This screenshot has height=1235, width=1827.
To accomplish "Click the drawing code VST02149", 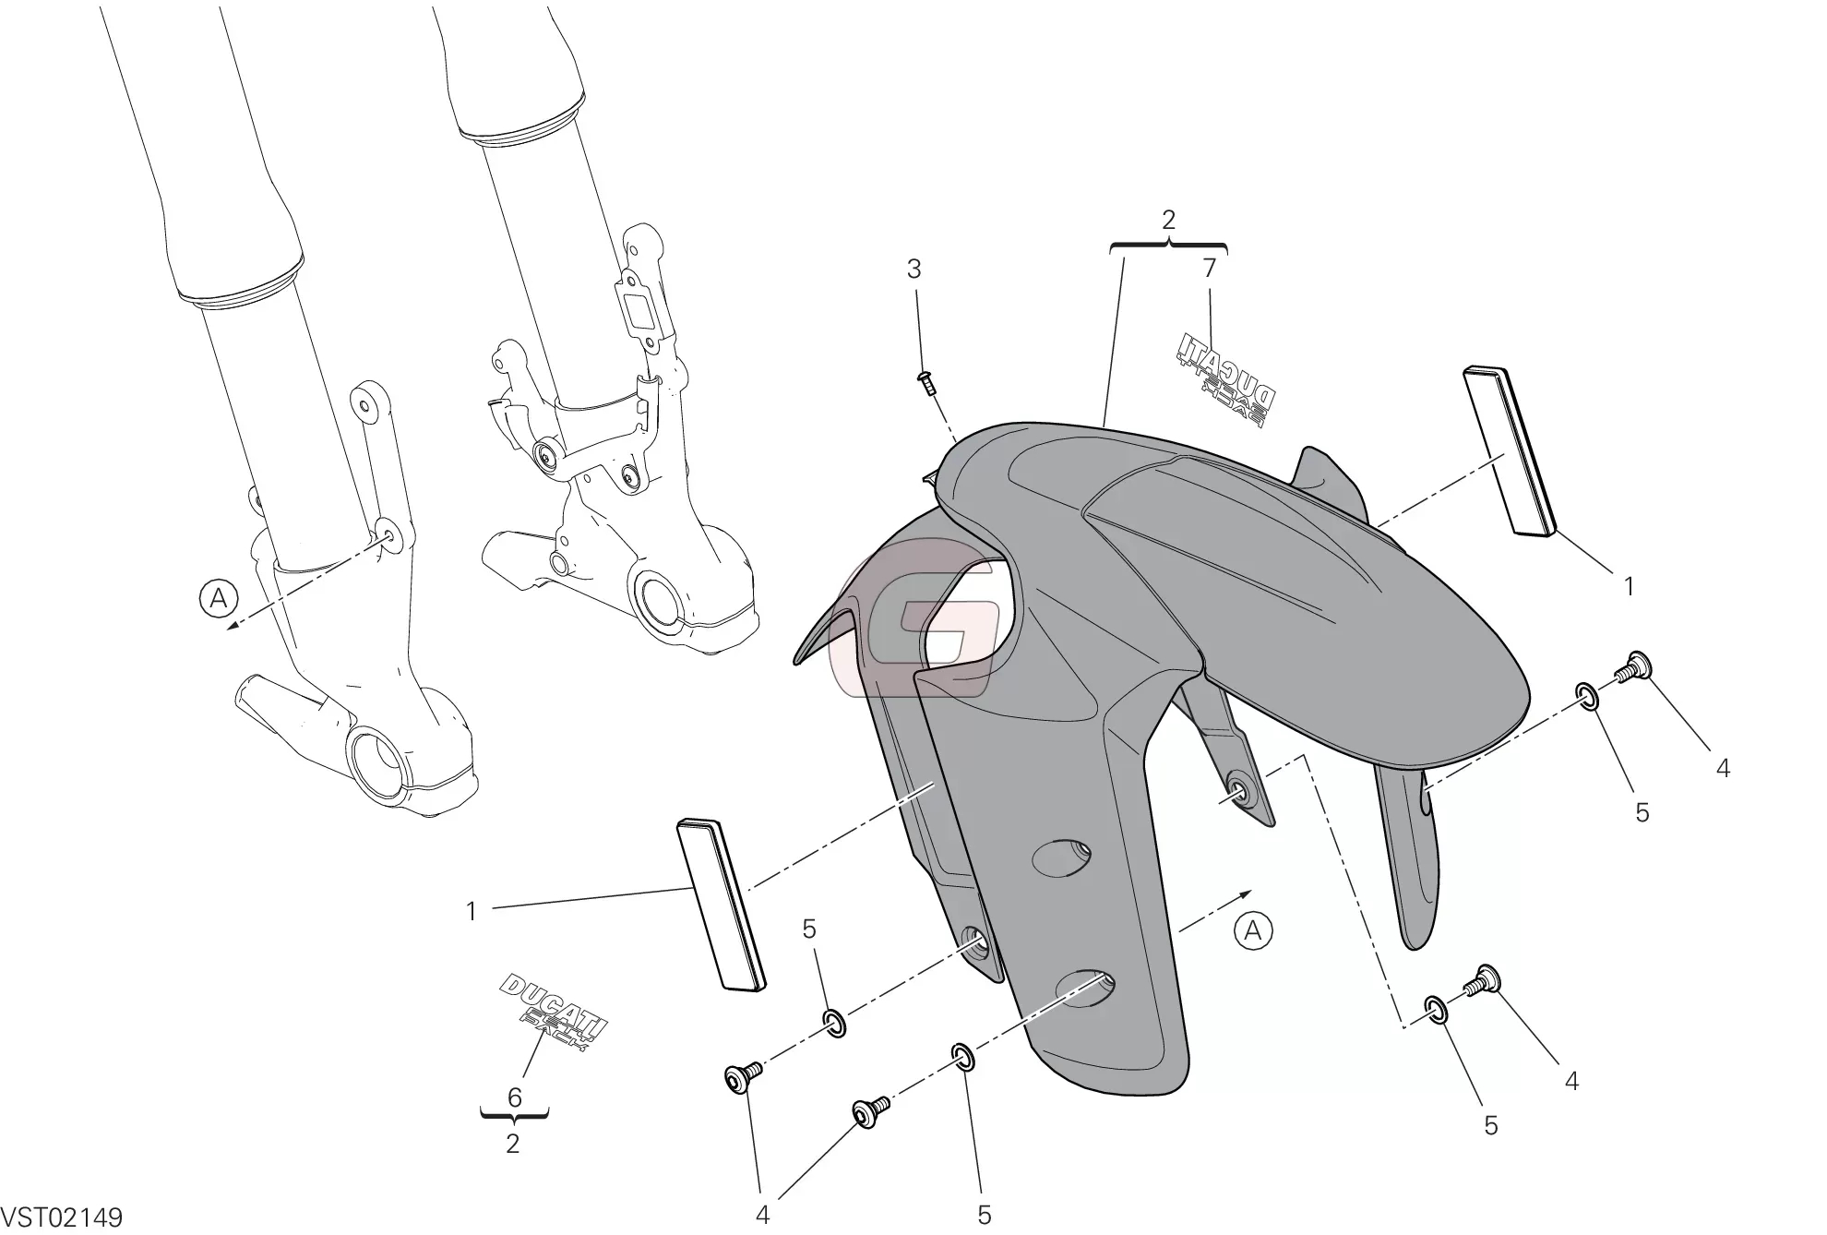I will (x=63, y=1217).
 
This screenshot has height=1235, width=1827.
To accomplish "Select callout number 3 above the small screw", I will (x=913, y=270).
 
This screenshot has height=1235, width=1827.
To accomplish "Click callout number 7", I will (x=1209, y=268).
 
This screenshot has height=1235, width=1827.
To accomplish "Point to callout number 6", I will (x=515, y=1097).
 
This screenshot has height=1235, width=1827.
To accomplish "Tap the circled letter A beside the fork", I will (x=218, y=599).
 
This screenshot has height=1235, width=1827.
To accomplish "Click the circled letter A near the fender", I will (x=1252, y=930).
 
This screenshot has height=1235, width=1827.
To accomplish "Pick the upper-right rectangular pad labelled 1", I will (x=1509, y=451).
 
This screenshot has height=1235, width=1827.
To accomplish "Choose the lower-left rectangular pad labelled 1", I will (x=722, y=905).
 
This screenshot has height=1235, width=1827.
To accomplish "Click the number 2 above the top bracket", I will (x=1168, y=220).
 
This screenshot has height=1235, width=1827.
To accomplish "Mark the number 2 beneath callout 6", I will (x=513, y=1144).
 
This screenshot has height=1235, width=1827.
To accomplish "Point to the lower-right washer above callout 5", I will (x=1437, y=1009).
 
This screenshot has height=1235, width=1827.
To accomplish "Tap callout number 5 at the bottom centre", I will (x=984, y=1215).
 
